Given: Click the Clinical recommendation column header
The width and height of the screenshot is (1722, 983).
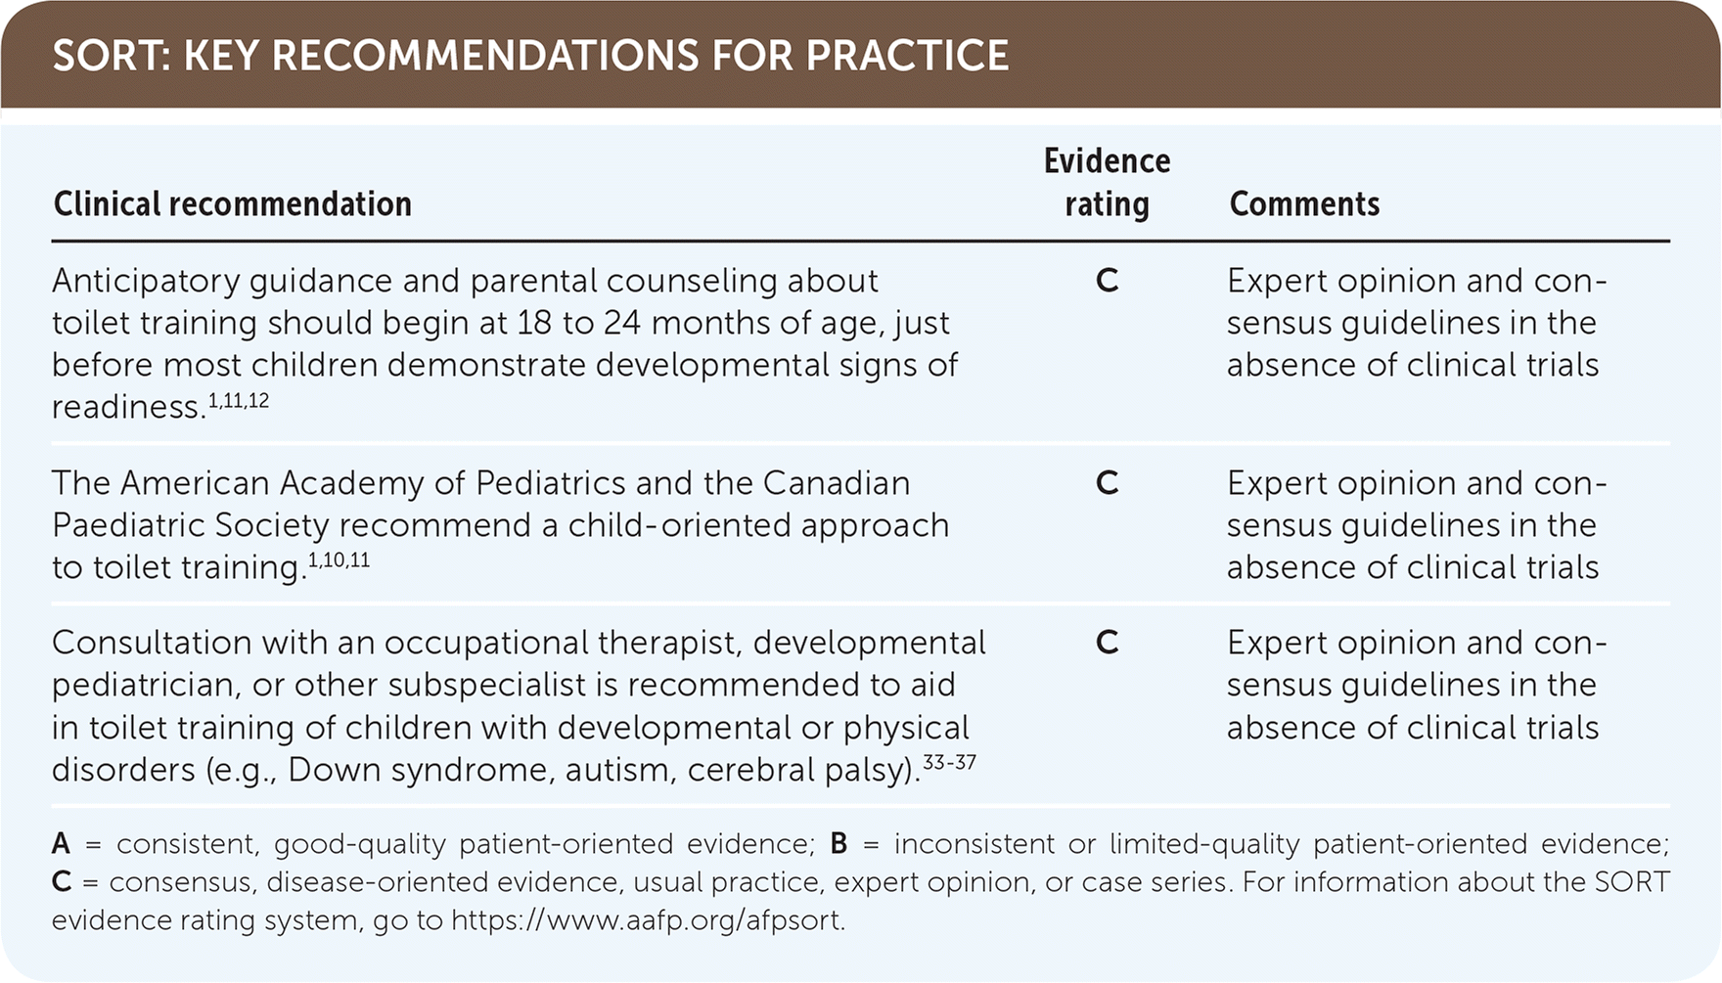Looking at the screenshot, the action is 233,203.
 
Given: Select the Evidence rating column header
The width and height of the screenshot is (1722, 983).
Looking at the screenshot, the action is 1107,182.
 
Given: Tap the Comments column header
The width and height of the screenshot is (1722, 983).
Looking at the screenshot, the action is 1304,203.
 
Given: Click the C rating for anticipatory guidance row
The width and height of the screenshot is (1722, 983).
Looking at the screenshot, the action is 1107,281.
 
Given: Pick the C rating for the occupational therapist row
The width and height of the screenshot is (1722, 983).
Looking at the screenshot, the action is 1107,643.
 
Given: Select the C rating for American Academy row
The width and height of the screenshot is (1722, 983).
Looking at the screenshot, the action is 1107,483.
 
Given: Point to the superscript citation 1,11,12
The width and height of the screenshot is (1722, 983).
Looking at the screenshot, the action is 239,400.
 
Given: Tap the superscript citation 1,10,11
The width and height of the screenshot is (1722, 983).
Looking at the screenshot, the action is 340,560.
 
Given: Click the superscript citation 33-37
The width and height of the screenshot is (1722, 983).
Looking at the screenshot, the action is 949,762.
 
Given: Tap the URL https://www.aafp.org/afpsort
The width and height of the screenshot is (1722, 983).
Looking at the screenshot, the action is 647,920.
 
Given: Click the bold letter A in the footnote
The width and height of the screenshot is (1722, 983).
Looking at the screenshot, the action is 61,844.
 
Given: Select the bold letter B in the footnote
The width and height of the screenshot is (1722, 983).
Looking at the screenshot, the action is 838,844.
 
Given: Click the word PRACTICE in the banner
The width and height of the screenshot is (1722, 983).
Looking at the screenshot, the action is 908,56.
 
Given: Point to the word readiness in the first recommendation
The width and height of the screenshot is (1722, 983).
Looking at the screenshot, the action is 128,407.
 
